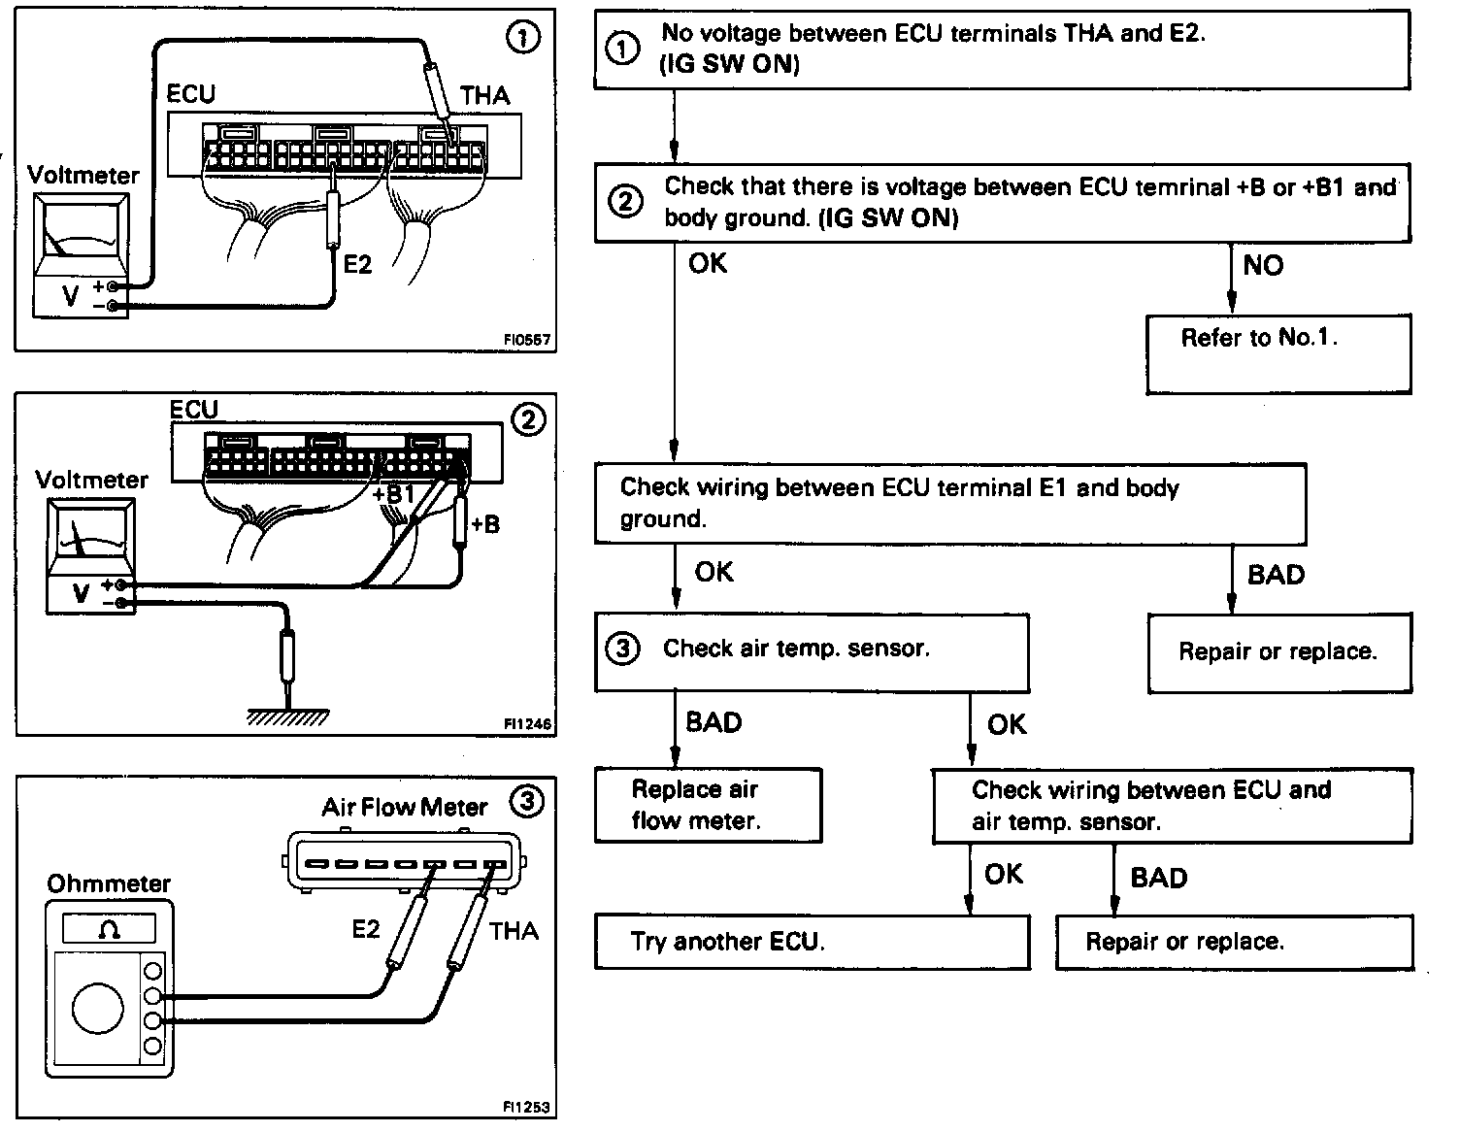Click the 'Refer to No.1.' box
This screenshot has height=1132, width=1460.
point(1277,353)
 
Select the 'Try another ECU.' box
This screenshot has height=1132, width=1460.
point(812,942)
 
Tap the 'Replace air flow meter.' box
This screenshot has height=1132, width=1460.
point(708,805)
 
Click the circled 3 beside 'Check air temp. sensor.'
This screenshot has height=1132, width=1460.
point(622,649)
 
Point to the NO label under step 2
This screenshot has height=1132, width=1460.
point(1263,265)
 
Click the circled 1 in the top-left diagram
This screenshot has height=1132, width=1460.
point(523,39)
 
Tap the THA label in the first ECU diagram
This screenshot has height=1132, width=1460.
point(485,95)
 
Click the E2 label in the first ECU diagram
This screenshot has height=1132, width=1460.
point(358,264)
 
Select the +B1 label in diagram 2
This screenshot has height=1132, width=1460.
point(393,494)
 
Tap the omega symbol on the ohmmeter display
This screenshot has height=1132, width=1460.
point(109,929)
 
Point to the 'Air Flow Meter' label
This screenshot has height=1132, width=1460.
point(404,807)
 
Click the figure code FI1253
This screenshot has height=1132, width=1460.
point(526,1106)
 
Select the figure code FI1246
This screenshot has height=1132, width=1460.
point(527,723)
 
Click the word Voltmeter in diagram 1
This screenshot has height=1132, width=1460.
point(83,176)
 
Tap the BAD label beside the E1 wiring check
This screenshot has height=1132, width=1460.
point(1276,575)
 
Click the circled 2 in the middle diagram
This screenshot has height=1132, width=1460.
point(527,419)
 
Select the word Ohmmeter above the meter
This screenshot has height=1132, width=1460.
point(108,883)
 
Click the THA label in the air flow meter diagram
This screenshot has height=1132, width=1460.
point(514,931)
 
